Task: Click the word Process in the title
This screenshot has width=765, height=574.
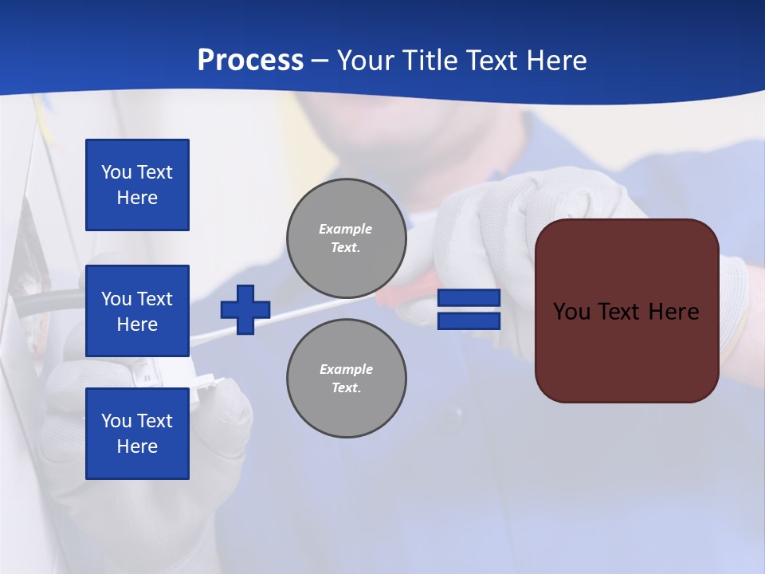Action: point(250,61)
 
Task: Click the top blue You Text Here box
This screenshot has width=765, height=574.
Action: point(137,185)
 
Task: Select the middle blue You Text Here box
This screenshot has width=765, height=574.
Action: point(137,311)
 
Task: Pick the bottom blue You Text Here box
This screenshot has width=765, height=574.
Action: point(137,434)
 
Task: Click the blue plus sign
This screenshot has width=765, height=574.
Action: point(245,310)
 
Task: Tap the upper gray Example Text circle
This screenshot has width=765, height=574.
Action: point(347,238)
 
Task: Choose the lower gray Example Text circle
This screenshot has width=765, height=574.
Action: point(347,379)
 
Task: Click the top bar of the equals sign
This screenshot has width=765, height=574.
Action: point(469,298)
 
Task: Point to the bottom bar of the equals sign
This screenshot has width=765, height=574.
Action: point(469,321)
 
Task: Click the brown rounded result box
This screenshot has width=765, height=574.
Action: point(627,351)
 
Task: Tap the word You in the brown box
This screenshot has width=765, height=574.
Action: point(572,312)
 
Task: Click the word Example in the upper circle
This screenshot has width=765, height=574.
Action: point(346,229)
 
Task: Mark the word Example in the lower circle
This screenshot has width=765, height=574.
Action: point(346,369)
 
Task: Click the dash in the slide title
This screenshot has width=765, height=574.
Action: point(320,61)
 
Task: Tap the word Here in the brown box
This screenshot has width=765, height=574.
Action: point(673,312)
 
